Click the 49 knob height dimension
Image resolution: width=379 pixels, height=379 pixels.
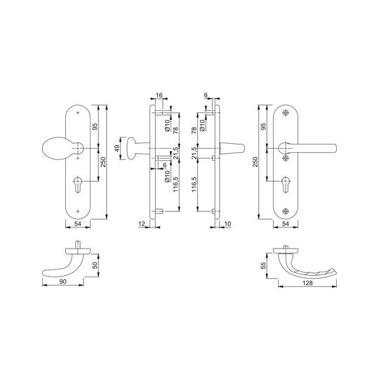(117, 148)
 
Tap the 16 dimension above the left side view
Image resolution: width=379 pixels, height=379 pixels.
(159, 95)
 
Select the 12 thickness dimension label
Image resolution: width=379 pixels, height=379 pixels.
(142, 224)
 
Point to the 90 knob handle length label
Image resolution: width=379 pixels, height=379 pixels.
(62, 281)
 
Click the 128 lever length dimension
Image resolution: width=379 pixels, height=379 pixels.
(307, 283)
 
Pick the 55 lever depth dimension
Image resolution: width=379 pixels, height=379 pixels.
(263, 265)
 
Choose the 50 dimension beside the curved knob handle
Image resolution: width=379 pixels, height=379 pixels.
(95, 265)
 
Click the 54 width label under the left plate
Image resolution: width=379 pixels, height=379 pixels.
(78, 224)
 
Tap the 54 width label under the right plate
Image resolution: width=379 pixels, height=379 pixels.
(286, 224)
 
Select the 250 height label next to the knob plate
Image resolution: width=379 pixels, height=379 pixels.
(103, 162)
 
